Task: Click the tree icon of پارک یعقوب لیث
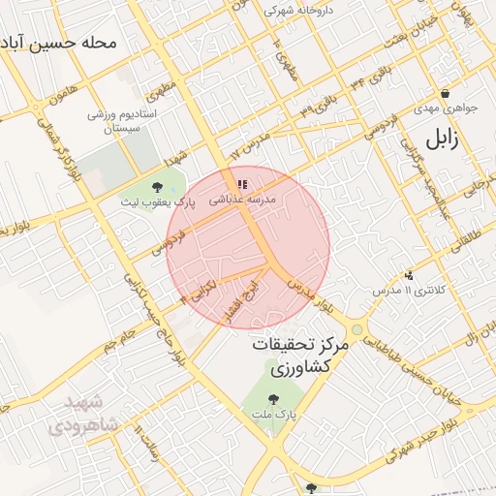tap(158, 186)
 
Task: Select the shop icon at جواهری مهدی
tap(445, 94)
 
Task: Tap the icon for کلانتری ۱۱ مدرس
tap(409, 275)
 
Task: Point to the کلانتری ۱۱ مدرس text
tap(408, 291)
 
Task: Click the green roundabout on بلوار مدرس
tap(357, 329)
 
